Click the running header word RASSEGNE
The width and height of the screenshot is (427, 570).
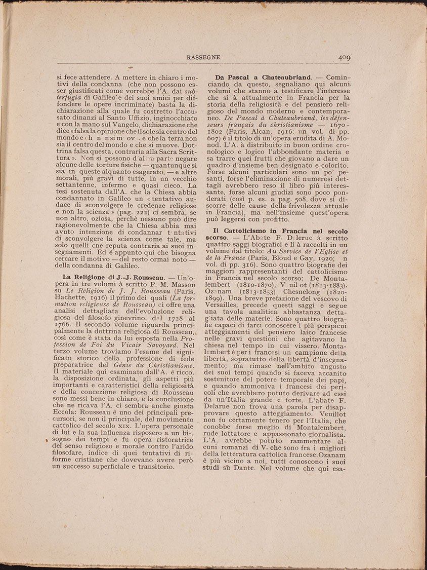[x=203, y=57]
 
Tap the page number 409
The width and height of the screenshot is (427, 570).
[x=345, y=57]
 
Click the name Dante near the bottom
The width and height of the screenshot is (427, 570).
[x=247, y=470]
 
